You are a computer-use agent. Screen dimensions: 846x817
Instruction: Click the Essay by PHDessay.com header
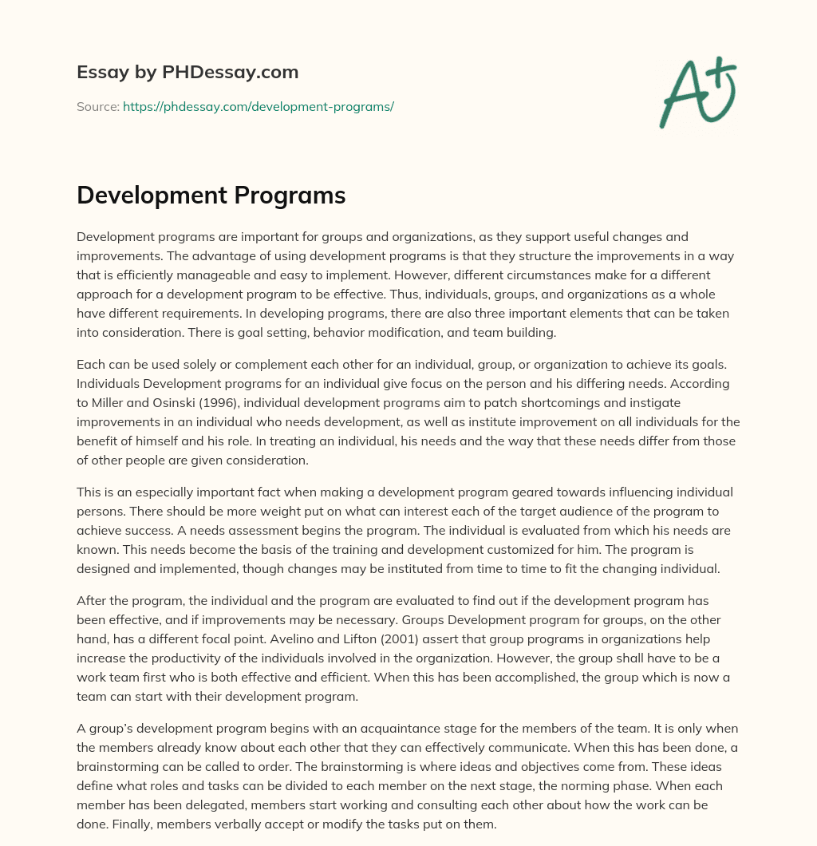(x=187, y=73)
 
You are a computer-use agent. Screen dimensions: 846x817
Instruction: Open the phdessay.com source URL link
(x=259, y=106)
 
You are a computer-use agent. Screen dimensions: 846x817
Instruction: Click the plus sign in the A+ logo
(x=722, y=71)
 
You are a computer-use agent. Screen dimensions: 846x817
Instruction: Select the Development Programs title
(x=211, y=196)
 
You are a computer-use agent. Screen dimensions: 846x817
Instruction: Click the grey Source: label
(x=97, y=106)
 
